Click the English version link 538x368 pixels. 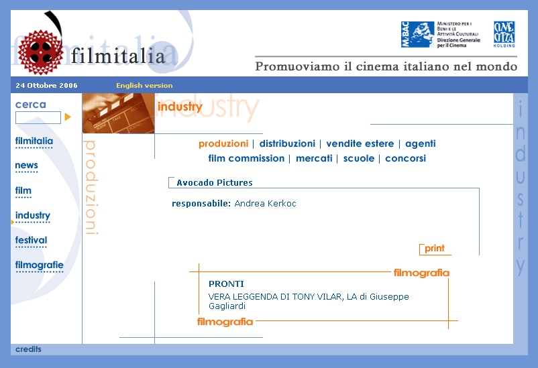click(x=144, y=85)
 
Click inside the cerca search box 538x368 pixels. click(x=38, y=117)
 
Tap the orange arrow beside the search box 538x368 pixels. click(x=68, y=117)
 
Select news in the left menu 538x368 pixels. click(x=26, y=166)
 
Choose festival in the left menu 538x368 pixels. click(x=31, y=240)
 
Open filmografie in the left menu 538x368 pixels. click(x=39, y=265)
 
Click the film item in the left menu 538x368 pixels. click(x=23, y=190)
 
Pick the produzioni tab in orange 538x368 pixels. click(x=223, y=143)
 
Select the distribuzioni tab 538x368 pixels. click(x=287, y=143)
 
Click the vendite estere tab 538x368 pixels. click(x=360, y=143)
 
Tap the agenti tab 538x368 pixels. click(x=421, y=143)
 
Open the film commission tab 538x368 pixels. click(x=246, y=158)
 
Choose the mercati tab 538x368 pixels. click(x=314, y=158)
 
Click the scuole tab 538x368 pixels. click(x=358, y=158)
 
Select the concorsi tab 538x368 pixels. click(x=405, y=158)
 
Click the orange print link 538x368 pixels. click(x=435, y=248)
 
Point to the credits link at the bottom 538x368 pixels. click(x=28, y=349)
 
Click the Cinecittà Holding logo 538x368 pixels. click(x=504, y=34)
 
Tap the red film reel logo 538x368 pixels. click(x=40, y=52)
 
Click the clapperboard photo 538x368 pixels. click(x=118, y=113)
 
